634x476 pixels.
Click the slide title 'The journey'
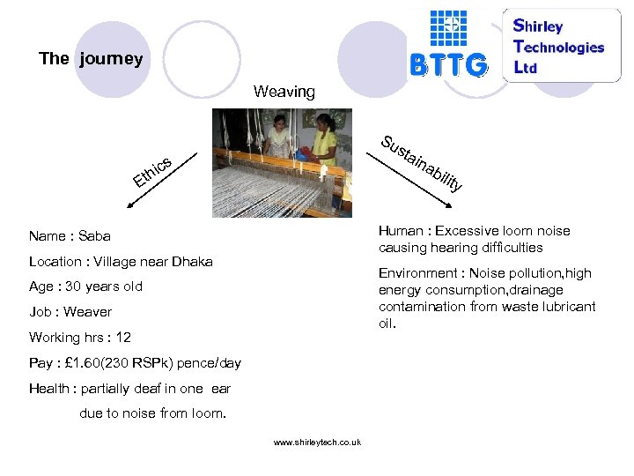coord(90,59)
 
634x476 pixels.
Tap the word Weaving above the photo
coord(284,92)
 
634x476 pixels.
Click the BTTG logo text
coord(448,64)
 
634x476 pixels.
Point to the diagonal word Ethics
coord(151,170)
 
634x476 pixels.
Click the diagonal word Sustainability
coord(421,164)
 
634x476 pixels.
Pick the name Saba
coord(94,236)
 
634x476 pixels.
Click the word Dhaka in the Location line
coord(192,262)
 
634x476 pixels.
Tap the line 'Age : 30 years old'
coord(85,286)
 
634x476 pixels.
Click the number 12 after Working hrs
coord(123,338)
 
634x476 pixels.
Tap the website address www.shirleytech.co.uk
coord(317,443)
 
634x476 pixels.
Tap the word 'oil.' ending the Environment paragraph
coord(388,324)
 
